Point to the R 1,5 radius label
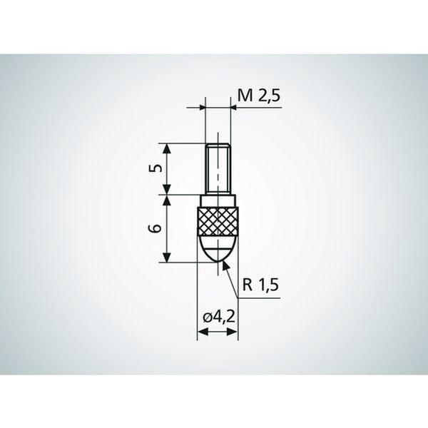(260, 286)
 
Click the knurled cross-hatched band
(217, 223)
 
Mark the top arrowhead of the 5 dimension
(168, 147)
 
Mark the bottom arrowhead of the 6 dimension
(168, 258)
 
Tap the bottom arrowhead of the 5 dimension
(168, 190)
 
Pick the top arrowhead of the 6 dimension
(168, 198)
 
